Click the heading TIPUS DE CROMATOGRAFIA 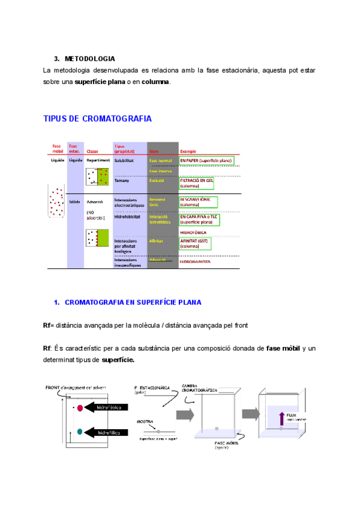[98, 119]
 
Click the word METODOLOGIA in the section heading [90, 59]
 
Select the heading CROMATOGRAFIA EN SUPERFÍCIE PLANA [133, 302]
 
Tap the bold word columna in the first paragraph [155, 82]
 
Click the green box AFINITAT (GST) [195, 244]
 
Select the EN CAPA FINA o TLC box [199, 220]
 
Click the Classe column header [92, 151]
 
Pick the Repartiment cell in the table [98, 160]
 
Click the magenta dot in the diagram [79, 408]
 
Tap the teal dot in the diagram [79, 431]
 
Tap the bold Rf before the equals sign [47, 325]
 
